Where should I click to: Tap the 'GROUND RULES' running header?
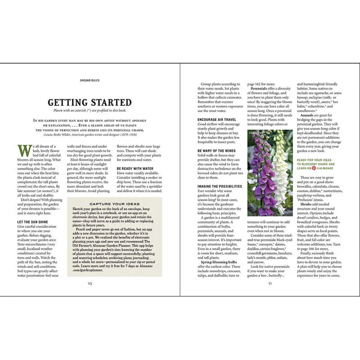tap(90, 80)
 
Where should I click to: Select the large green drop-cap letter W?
tap(23, 151)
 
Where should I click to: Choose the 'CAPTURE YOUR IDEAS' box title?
tap(114, 203)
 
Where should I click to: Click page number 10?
tap(90, 283)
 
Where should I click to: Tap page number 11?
tap(270, 283)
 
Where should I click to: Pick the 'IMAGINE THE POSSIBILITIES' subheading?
tap(221, 186)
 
